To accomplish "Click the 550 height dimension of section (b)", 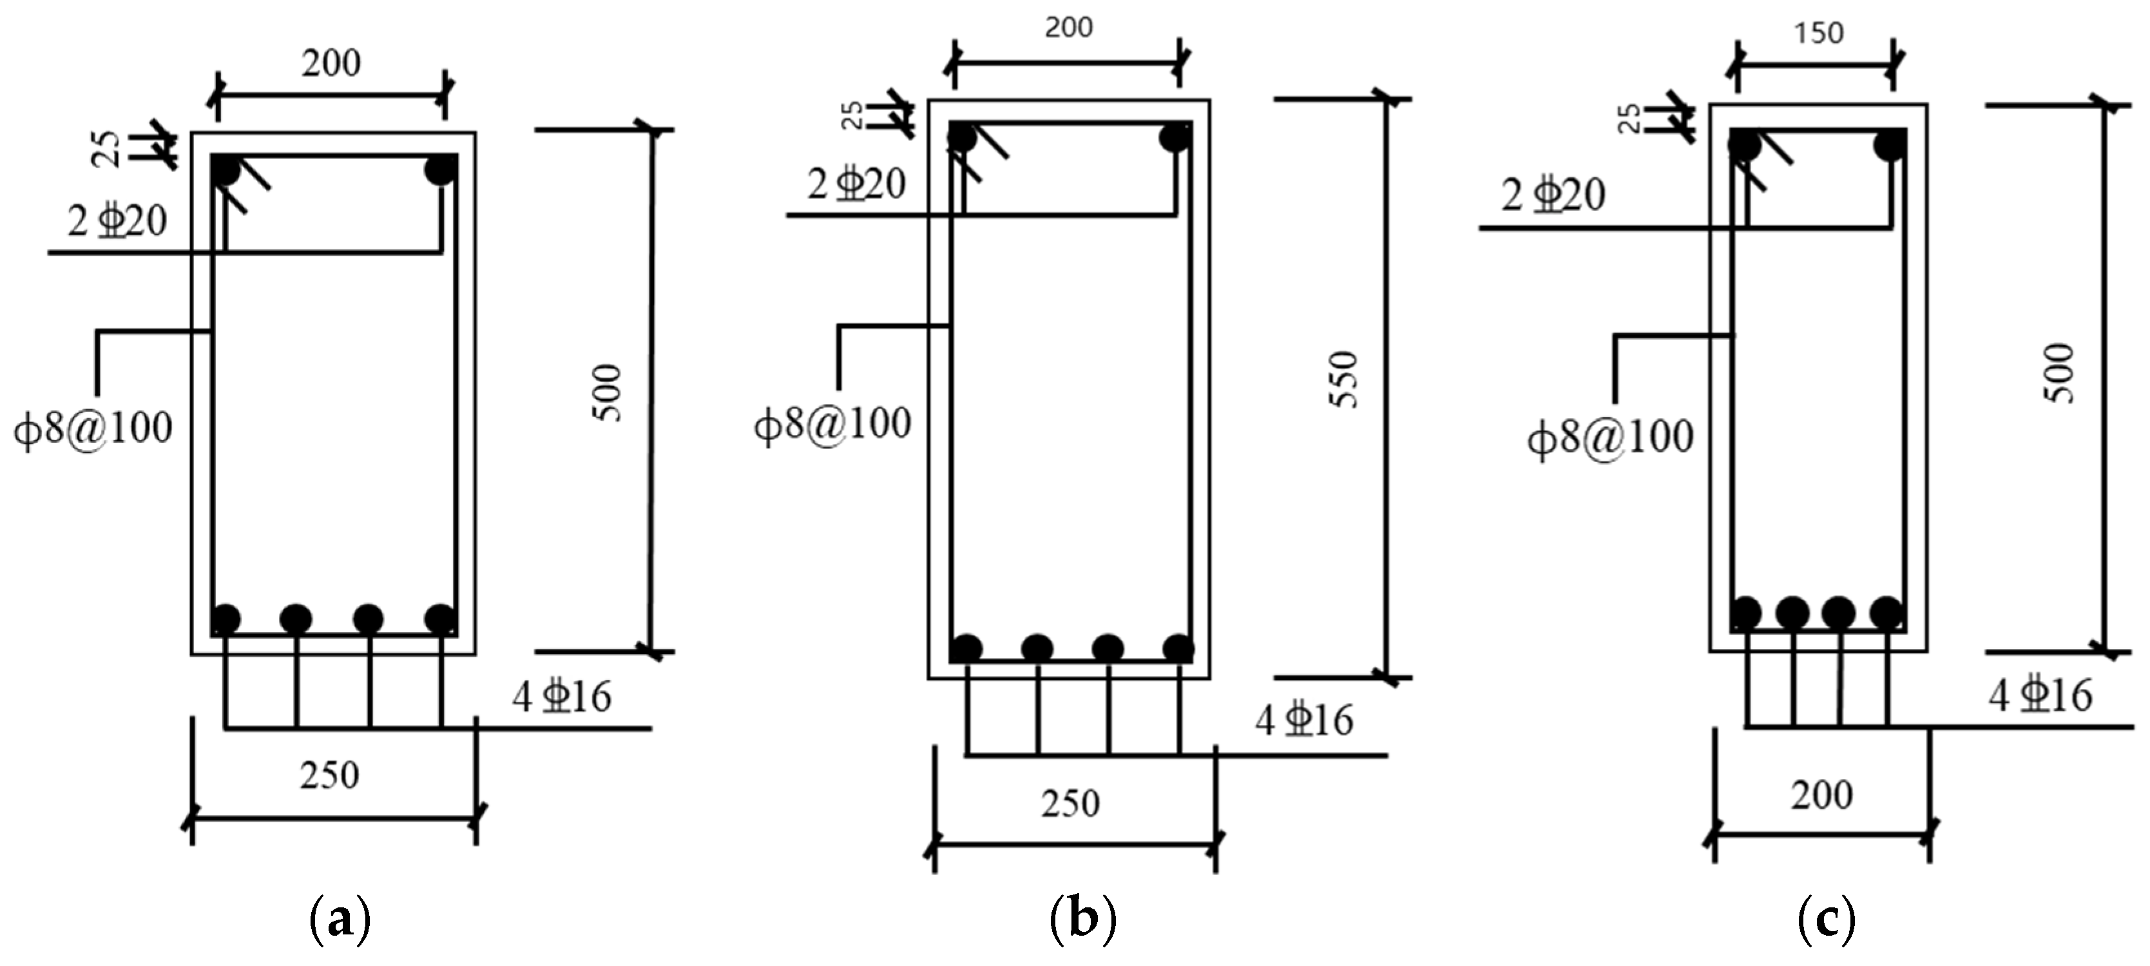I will click(x=1345, y=380).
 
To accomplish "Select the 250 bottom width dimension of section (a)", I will click(x=331, y=776).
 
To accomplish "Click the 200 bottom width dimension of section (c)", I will click(x=1821, y=794).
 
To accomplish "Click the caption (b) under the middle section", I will click(x=1082, y=919).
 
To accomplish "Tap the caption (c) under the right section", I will click(x=1825, y=919).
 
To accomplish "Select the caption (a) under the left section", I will click(x=339, y=919).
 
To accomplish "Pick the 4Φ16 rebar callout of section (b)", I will click(x=1303, y=720).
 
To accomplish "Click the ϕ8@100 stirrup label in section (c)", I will click(x=1610, y=438).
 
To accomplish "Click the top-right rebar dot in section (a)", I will click(x=440, y=170).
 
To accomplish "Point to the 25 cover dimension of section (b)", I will click(x=851, y=115).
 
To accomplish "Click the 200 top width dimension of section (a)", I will click(x=331, y=63).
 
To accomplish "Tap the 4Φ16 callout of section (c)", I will click(x=2040, y=695).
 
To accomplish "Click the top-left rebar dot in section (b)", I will click(x=963, y=137).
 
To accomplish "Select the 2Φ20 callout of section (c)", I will click(x=1553, y=195).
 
